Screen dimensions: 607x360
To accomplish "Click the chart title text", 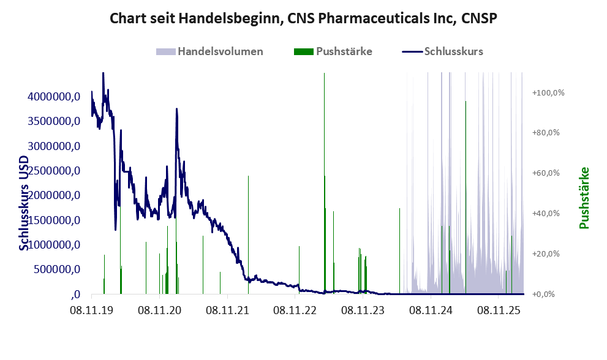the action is tap(303, 18).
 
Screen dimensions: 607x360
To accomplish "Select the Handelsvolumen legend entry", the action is tap(209, 51).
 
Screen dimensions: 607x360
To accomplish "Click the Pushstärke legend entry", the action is tap(333, 51).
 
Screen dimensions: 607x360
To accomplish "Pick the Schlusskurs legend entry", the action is tap(442, 51).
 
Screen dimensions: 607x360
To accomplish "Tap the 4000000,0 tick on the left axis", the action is tap(54, 96).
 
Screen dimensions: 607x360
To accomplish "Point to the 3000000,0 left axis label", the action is tap(54, 146).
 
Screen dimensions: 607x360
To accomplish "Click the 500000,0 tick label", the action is tap(57, 269).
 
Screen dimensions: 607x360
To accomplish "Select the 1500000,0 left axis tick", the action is tap(54, 220).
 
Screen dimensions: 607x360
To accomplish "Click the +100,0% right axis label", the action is tap(548, 92).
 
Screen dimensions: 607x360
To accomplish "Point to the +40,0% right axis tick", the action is tap(546, 213).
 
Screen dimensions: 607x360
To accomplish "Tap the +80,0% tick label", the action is tap(546, 133).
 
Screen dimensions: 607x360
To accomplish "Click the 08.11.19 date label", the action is tap(92, 310).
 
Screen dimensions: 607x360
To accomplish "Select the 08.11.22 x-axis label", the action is tap(295, 310).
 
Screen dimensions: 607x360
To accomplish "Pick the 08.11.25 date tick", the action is tap(499, 310).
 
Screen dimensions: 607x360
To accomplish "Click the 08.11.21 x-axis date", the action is tap(227, 310).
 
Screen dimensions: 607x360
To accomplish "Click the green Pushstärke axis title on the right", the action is tap(584, 198).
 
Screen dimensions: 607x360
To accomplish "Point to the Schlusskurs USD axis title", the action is tap(24, 203).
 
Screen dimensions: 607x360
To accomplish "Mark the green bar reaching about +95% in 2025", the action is tap(466, 197).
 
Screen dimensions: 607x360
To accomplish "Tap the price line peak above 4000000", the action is tap(103, 73).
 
